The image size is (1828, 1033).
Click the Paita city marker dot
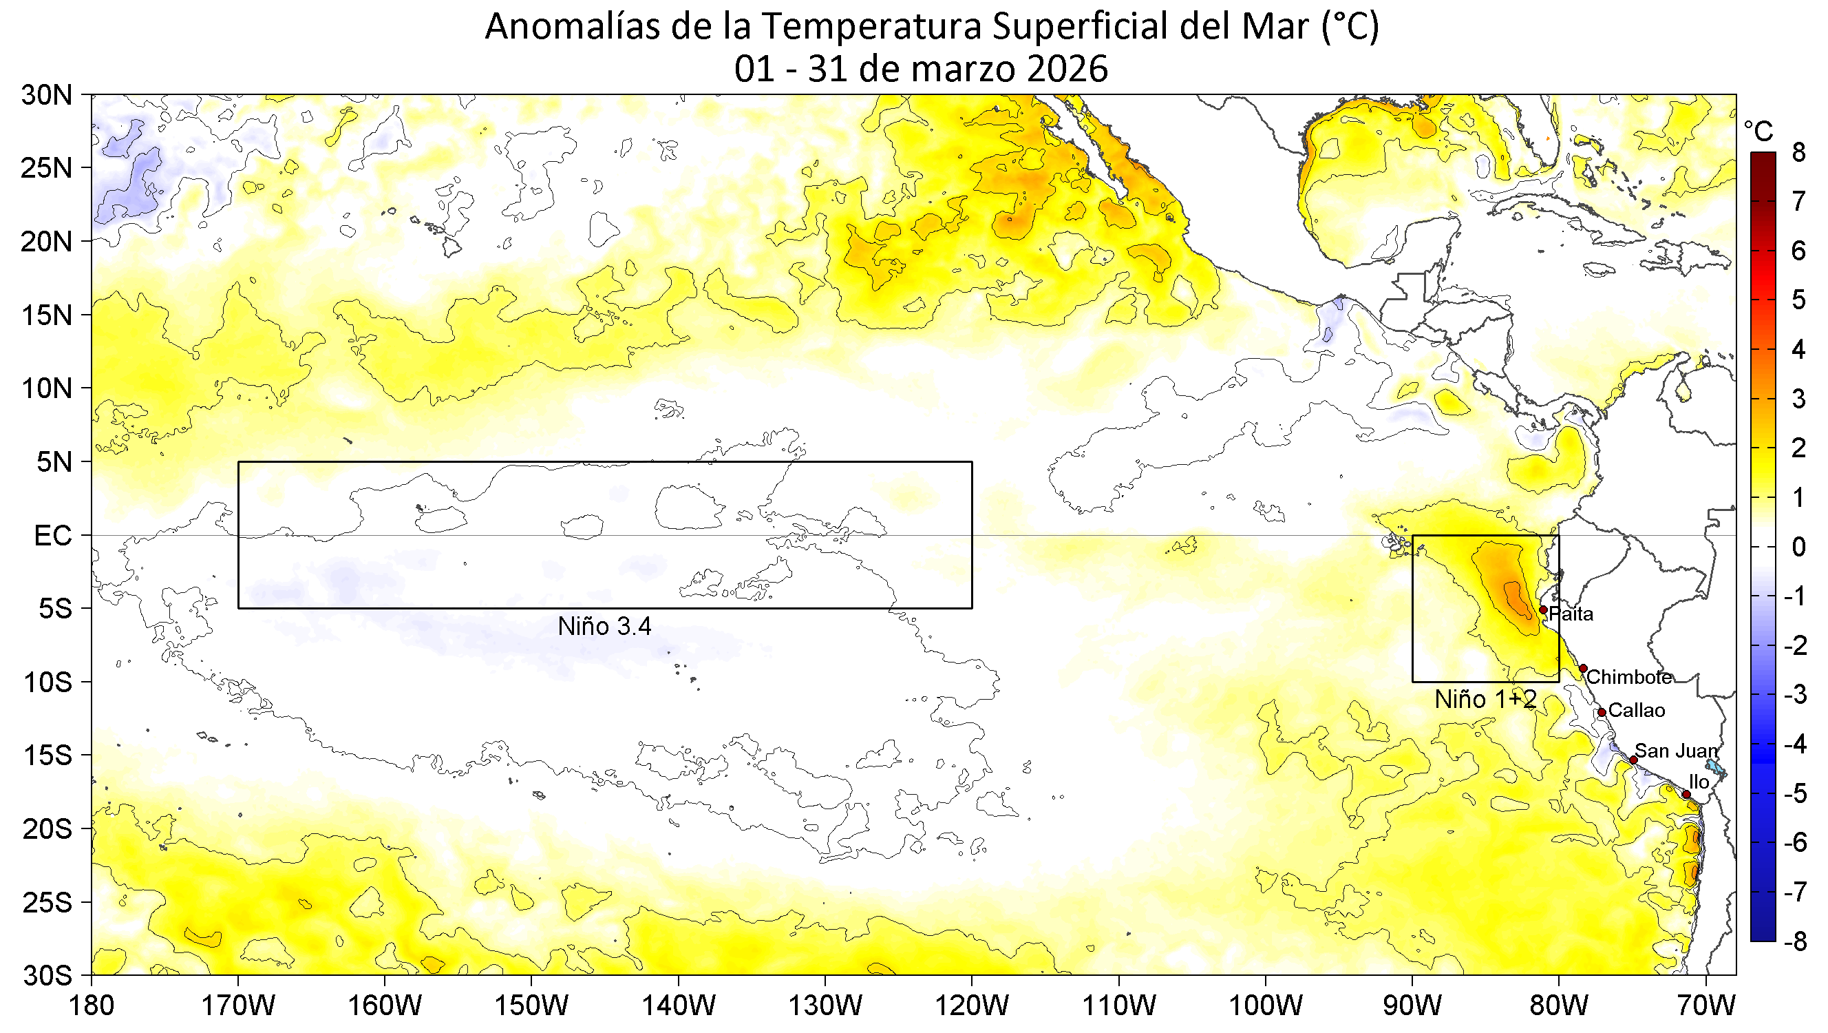[1543, 610]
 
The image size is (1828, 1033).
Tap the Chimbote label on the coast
[1629, 676]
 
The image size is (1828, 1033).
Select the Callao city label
[1637, 710]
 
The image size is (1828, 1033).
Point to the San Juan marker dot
[1633, 760]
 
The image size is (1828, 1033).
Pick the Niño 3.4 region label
[604, 626]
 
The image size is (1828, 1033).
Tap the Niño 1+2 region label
[1485, 699]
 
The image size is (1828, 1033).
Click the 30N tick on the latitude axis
[47, 95]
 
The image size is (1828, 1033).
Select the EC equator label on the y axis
[52, 536]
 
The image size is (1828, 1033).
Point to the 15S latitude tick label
[47, 755]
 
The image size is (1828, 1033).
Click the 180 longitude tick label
[92, 1006]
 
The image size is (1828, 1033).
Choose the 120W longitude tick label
[972, 1006]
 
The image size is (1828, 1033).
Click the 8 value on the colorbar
[1798, 153]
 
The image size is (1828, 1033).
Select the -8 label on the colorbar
[1794, 941]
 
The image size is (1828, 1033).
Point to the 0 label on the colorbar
[1798, 547]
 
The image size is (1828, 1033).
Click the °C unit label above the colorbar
[1758, 132]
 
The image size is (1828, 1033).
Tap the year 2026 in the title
[1067, 70]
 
